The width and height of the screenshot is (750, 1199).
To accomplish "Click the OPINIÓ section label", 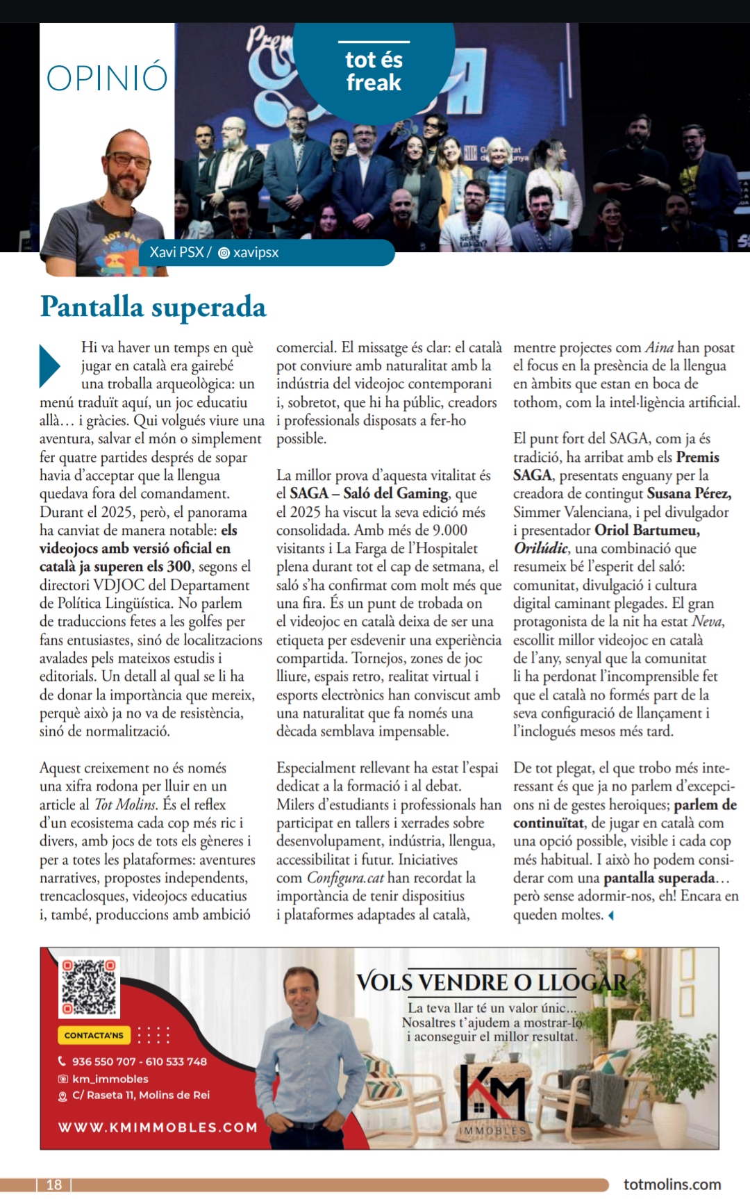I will pos(107,77).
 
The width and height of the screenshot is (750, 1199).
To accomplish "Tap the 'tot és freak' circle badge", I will pos(374,72).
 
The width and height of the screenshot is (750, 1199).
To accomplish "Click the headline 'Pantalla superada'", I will pos(153,307).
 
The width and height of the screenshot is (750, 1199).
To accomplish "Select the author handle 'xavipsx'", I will pos(255,253).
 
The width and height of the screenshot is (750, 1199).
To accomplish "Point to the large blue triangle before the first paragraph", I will pos(49,365).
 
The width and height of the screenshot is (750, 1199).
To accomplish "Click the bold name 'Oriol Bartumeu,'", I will pos(647,530).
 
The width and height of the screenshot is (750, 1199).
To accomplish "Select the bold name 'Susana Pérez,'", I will pos(689,493).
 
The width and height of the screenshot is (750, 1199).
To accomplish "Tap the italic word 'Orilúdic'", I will pos(540,548).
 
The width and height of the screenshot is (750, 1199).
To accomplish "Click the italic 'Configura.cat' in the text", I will pos(345,878).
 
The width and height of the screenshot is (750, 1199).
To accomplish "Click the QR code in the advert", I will pos(89,987).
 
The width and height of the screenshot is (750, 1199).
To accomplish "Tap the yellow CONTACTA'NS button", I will pos(94,1035).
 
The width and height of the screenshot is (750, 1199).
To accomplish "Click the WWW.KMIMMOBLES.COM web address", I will pos(158,1127).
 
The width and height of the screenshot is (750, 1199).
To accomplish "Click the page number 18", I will pos(54,1184).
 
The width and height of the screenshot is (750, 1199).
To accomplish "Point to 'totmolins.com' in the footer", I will pos(672,1184).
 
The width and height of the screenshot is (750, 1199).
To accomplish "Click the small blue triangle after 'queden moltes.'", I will pos(610,916).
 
